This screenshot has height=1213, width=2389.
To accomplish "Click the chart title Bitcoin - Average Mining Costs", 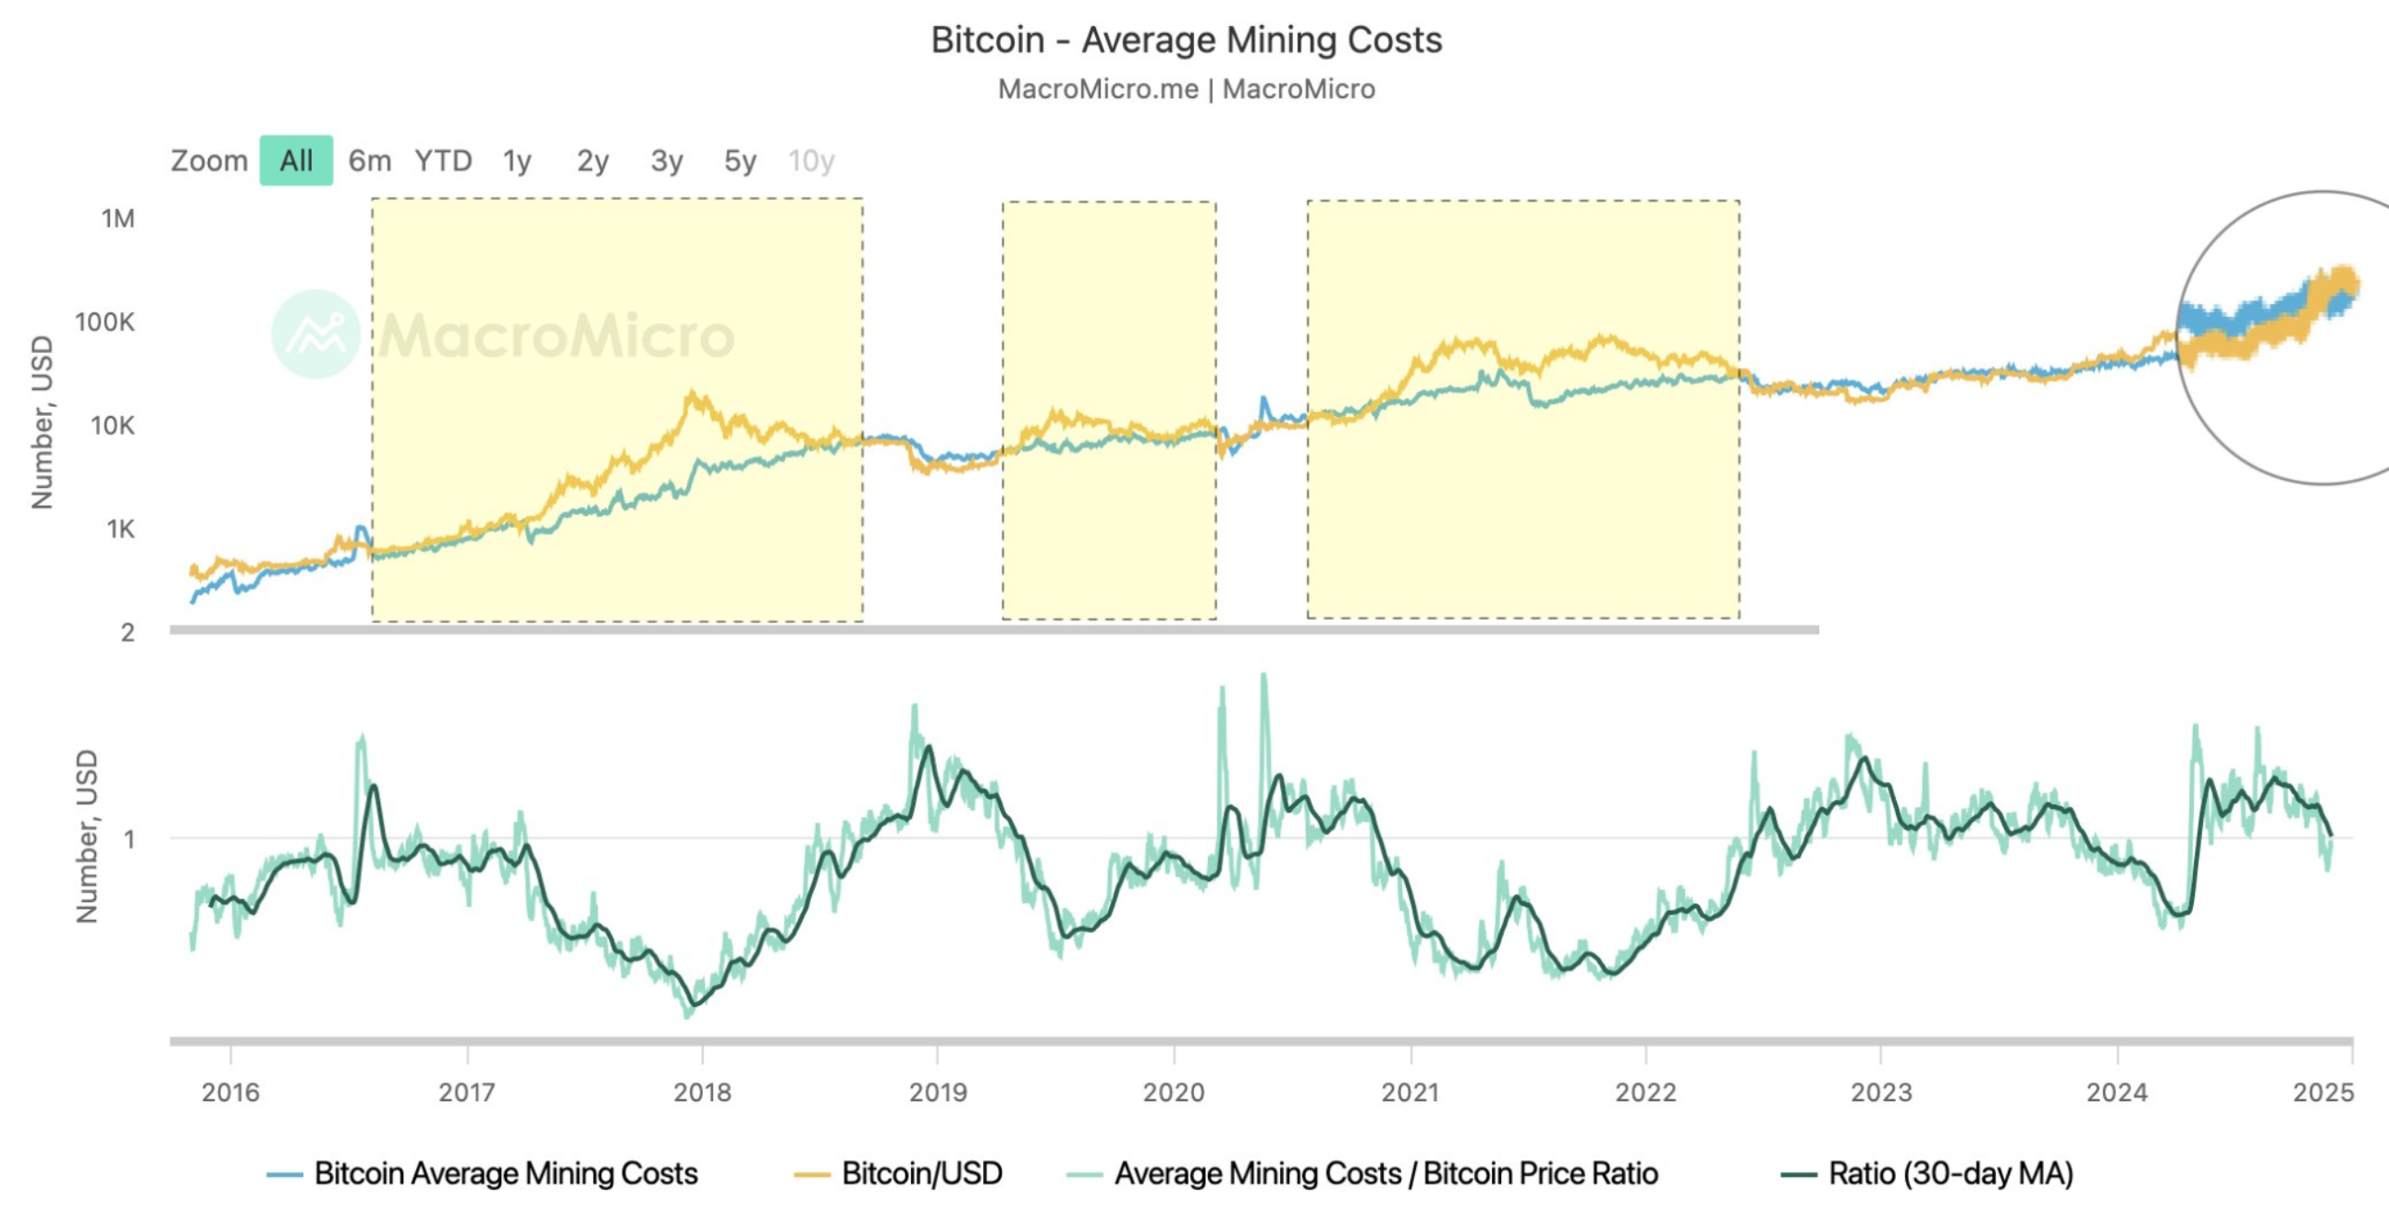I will click(1186, 40).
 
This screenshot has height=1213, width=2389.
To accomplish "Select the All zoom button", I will click(296, 161).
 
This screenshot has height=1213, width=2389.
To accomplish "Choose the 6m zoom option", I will click(369, 161).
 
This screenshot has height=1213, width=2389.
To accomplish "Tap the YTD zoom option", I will click(443, 161).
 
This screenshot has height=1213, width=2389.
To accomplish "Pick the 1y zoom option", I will click(518, 161).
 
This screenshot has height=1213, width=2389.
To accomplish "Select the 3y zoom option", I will click(667, 161).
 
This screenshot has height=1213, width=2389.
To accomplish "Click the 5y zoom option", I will click(740, 161).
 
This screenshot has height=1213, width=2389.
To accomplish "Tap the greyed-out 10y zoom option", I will click(811, 161).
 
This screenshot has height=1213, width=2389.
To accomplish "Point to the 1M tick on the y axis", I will click(117, 218).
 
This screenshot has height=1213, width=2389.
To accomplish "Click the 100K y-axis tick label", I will click(105, 322).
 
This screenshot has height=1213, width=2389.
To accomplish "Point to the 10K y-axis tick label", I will click(112, 425).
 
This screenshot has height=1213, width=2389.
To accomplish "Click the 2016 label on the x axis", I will click(231, 1093).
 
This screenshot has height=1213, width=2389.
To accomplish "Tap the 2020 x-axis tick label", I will click(1173, 1093).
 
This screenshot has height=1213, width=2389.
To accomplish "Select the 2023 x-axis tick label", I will click(1881, 1093).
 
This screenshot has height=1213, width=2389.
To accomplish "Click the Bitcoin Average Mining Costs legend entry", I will click(505, 1174).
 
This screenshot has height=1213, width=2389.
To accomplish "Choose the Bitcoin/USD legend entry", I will click(921, 1174).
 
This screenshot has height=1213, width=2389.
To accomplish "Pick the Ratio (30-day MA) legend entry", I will click(1951, 1174).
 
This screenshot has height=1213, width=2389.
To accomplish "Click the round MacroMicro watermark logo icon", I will click(315, 334).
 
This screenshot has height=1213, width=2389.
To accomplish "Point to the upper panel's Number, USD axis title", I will click(43, 422).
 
